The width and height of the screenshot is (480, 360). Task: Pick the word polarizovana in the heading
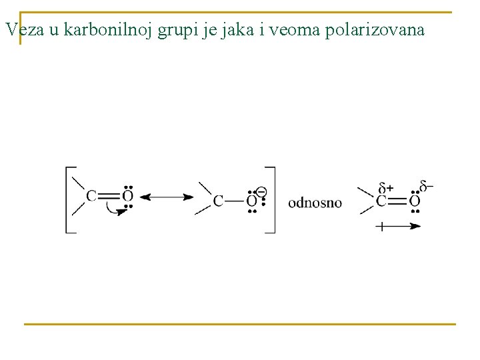click(x=375, y=31)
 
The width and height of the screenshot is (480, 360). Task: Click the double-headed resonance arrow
click(x=167, y=197)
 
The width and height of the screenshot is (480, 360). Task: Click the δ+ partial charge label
click(x=386, y=188)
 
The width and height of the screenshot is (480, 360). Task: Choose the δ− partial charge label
click(x=425, y=185)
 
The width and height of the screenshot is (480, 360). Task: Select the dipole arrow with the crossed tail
click(x=398, y=226)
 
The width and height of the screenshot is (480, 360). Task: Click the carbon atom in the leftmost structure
click(x=91, y=197)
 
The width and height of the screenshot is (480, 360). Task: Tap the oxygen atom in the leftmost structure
click(x=127, y=197)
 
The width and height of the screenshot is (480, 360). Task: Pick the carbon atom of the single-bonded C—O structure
click(x=218, y=201)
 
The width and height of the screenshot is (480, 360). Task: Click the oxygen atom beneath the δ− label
click(x=415, y=201)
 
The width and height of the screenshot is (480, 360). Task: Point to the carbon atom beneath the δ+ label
click(x=382, y=201)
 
